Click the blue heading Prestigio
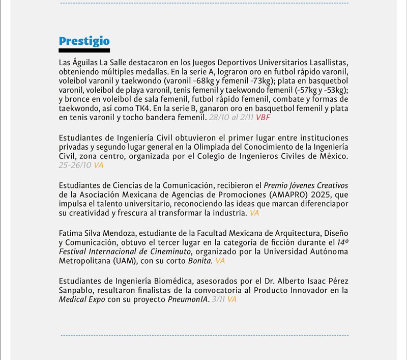coord(84,41)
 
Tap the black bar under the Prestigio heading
coord(84,50)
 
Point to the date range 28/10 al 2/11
coord(231,118)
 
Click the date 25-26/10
coord(75,165)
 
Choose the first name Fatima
coord(72,233)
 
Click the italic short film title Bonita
coord(199,261)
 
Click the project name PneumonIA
coord(186,299)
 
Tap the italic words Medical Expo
coord(81,299)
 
